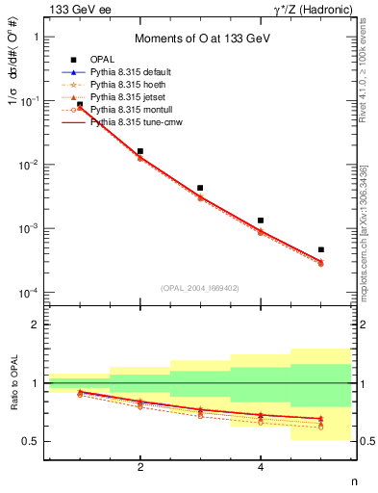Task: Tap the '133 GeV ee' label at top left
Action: (76, 10)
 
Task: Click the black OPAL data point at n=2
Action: (140, 151)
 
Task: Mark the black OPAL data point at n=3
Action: (200, 188)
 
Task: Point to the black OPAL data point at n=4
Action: (261, 221)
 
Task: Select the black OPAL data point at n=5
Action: (320, 249)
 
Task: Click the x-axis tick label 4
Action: (261, 468)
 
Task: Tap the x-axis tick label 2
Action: (140, 468)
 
